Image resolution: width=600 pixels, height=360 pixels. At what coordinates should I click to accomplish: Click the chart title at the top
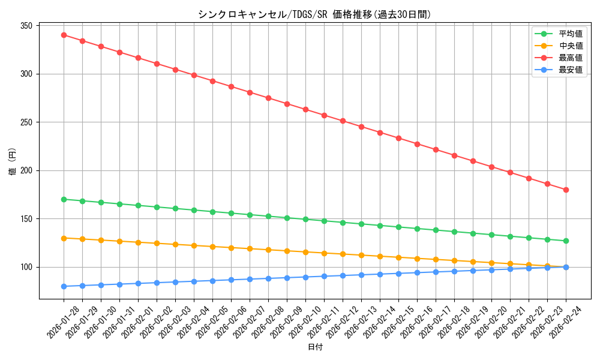314,15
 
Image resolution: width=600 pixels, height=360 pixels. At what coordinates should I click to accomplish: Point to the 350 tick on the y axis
26,26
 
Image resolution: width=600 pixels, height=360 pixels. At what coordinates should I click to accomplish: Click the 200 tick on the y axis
26,170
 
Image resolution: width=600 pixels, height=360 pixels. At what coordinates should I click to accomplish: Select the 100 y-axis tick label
26,267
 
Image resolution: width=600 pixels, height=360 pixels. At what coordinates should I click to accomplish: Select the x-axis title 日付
314,347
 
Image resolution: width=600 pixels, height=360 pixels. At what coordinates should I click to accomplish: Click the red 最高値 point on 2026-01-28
64,35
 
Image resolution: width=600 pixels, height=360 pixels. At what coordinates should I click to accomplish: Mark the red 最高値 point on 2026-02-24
566,190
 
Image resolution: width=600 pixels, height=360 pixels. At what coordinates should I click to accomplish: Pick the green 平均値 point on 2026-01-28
64,199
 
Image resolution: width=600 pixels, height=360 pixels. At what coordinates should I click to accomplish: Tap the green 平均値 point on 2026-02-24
566,241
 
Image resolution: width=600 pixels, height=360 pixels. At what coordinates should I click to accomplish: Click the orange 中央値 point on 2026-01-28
64,238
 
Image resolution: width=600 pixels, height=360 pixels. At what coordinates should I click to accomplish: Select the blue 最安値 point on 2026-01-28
64,286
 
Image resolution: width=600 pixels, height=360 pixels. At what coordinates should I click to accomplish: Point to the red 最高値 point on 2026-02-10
305,109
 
